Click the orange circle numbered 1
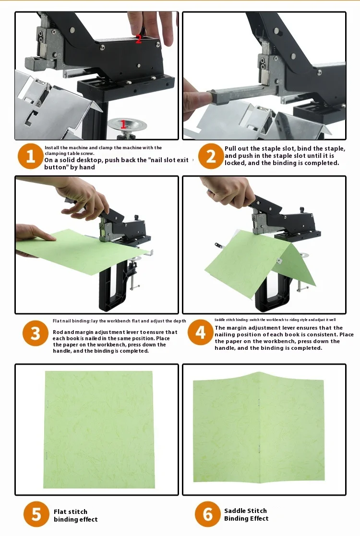30,156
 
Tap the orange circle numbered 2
211,156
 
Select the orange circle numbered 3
35,334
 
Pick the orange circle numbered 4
201,332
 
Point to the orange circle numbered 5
36,514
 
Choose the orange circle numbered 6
208,514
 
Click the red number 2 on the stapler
138,39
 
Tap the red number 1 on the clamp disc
123,124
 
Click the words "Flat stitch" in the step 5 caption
71,512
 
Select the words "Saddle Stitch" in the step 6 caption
245,511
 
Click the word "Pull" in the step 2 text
230,149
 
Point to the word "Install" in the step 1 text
52,148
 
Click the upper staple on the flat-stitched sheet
48,404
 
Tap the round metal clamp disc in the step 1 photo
127,124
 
